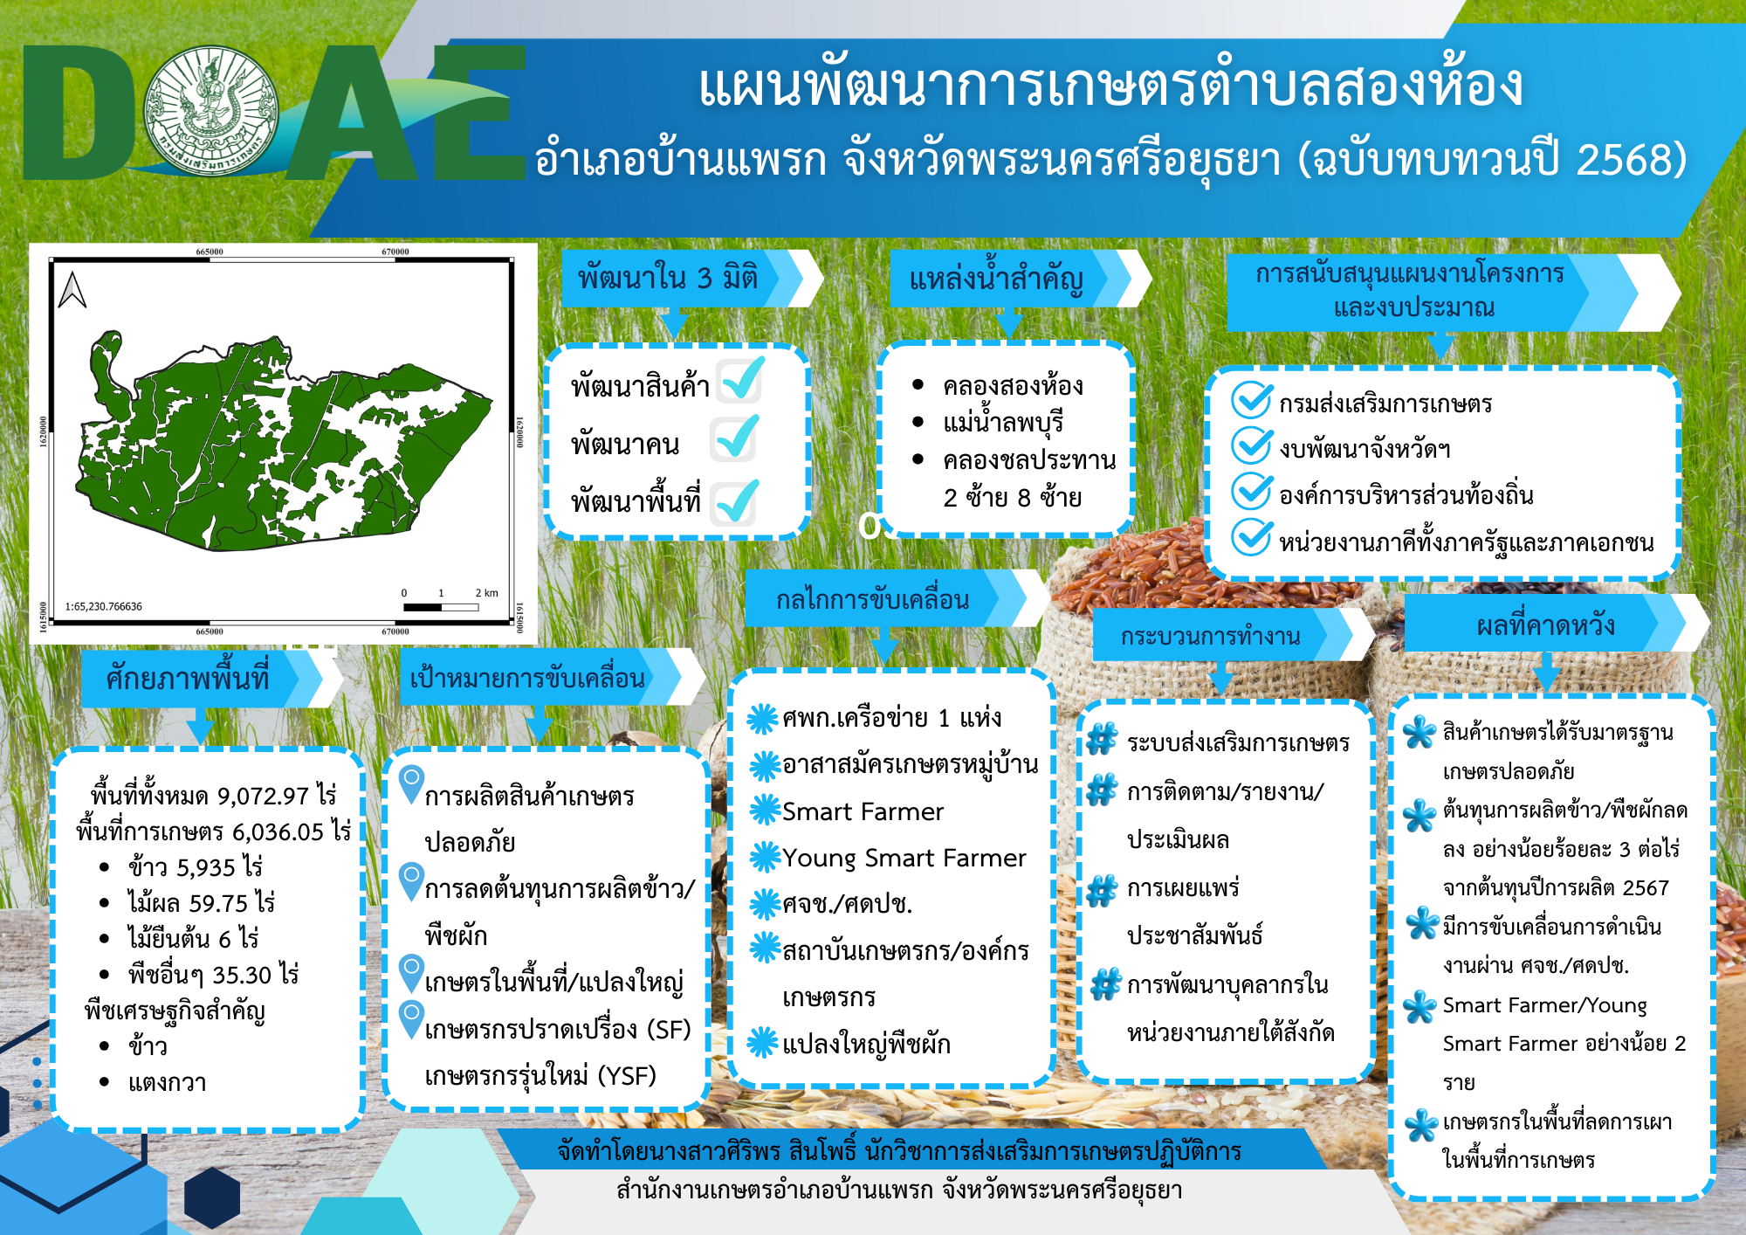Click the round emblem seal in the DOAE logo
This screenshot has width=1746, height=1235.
(211, 112)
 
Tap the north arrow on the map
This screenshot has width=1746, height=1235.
(72, 290)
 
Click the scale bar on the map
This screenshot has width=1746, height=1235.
(441, 606)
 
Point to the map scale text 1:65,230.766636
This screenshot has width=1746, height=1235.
(103, 606)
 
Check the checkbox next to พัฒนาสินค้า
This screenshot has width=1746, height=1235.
(740, 380)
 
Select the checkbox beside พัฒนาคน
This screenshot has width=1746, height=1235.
(734, 438)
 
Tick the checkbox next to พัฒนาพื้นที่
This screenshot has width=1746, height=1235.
(734, 502)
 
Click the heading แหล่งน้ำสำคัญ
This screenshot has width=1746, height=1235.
(996, 279)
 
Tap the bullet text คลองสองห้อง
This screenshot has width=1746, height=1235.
(1013, 385)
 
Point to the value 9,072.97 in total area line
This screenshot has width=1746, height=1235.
(263, 796)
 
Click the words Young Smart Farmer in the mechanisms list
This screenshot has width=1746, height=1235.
(904, 859)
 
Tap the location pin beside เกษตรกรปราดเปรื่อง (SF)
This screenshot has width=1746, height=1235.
(411, 1019)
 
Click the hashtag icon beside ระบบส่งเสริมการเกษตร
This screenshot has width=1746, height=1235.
(1102, 739)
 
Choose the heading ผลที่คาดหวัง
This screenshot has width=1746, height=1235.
(1544, 625)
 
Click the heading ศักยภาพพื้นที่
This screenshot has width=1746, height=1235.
(188, 679)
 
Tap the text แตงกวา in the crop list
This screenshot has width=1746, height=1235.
(167, 1082)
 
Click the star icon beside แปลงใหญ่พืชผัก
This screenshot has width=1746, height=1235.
(763, 1042)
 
